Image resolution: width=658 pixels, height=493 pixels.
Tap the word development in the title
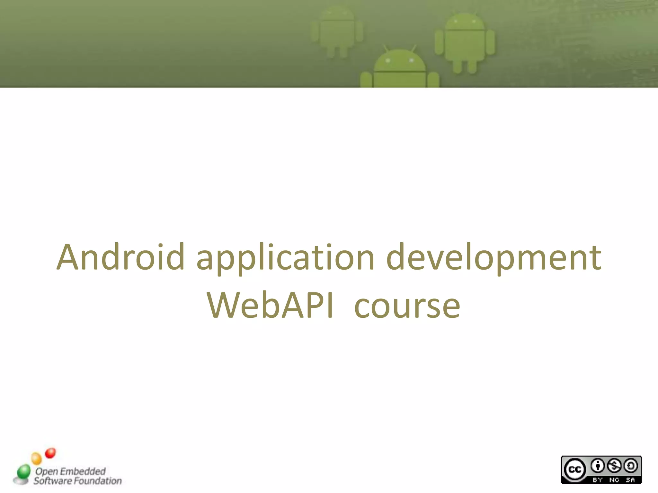[x=493, y=259]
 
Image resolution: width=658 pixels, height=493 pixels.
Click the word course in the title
[x=407, y=307]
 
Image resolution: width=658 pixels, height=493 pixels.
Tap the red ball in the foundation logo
[x=50, y=453]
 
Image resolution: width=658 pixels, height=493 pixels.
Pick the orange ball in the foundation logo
[x=37, y=458]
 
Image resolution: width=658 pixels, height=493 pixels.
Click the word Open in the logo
[x=47, y=471]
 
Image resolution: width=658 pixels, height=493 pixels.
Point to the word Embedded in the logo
[x=83, y=471]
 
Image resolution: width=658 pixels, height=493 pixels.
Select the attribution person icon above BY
[x=598, y=466]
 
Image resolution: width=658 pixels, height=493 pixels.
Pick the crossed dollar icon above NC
[x=614, y=466]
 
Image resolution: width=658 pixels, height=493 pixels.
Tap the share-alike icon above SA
[x=630, y=466]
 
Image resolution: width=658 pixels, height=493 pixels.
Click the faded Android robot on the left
[x=337, y=32]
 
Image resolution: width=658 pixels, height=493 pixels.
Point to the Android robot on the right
[x=465, y=42]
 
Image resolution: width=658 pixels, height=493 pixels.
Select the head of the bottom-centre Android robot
[x=400, y=61]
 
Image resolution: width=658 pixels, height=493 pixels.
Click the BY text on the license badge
[x=598, y=480]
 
